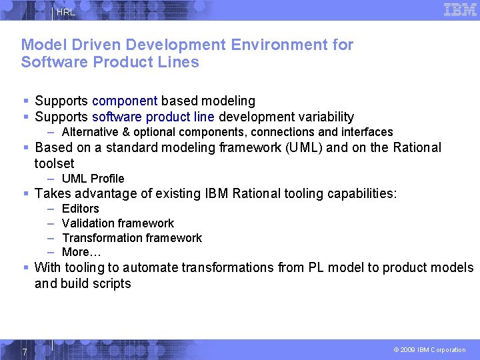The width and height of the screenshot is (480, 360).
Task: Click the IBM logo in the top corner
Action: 460,9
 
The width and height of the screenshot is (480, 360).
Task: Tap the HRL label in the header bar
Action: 66,13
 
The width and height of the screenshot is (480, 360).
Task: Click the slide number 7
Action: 25,352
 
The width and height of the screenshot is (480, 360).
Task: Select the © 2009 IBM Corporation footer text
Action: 430,350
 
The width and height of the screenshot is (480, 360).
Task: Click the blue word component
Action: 125,101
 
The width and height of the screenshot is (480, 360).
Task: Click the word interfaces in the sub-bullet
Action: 367,132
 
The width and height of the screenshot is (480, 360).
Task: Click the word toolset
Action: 55,163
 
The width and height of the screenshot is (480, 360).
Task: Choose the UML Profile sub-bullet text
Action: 93,179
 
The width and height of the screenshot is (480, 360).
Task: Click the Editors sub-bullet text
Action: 80,209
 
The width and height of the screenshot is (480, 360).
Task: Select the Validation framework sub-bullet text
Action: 117,223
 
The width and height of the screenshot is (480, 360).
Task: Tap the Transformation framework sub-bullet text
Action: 131,238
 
